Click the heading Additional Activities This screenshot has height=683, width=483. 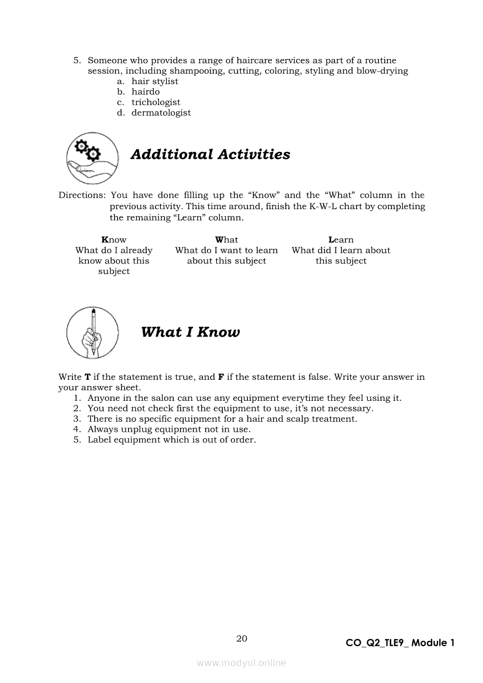click(x=210, y=155)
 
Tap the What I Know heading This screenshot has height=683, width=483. click(x=190, y=332)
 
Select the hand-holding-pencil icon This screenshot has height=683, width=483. click(x=92, y=333)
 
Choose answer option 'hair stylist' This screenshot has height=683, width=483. click(x=154, y=82)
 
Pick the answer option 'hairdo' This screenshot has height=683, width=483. click(x=145, y=92)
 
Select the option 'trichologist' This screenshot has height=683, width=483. click(x=156, y=103)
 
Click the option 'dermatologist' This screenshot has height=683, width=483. click(x=161, y=113)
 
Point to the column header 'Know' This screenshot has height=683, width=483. click(x=113, y=240)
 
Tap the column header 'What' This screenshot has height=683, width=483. click(x=226, y=240)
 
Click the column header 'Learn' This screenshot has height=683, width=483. click(x=341, y=240)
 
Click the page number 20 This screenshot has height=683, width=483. click(x=241, y=639)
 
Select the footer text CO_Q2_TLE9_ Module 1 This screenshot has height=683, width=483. click(x=400, y=643)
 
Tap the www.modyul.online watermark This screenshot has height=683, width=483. click(x=241, y=663)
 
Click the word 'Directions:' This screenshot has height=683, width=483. click(x=82, y=196)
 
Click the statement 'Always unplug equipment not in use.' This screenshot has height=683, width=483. click(x=169, y=429)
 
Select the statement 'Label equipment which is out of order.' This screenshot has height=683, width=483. click(x=171, y=440)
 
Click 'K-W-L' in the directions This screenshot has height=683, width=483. click(x=326, y=207)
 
